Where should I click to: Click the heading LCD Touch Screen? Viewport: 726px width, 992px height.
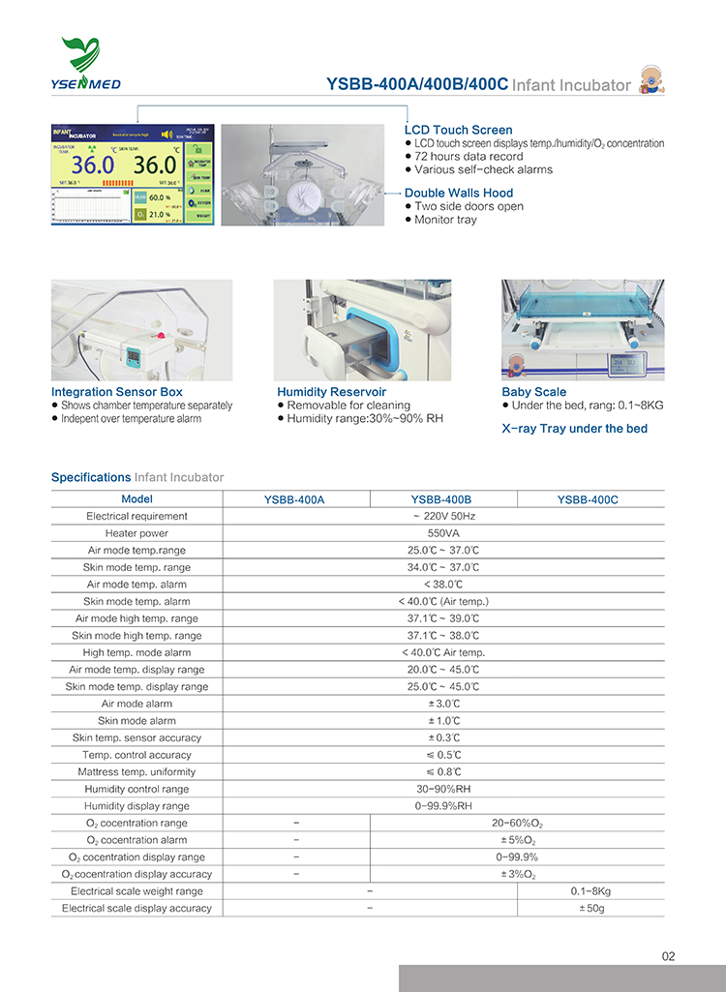458,130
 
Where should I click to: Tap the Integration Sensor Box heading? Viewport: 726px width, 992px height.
117,392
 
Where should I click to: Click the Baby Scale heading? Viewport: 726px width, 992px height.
534,392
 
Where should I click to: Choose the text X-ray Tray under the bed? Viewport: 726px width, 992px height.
575,428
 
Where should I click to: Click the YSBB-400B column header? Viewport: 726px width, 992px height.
441,499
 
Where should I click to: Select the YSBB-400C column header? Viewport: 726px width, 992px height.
588,499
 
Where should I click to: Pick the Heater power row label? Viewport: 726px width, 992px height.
136,533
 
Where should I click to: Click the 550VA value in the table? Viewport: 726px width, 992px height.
443,533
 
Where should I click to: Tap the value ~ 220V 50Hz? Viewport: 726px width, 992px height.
443,516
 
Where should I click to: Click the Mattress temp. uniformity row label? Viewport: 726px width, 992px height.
136,771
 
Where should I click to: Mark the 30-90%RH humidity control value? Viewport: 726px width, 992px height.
443,789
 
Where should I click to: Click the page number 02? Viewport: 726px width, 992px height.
669,956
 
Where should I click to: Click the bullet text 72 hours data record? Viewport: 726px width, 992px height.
469,156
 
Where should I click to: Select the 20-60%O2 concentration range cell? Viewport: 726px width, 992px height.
517,823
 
